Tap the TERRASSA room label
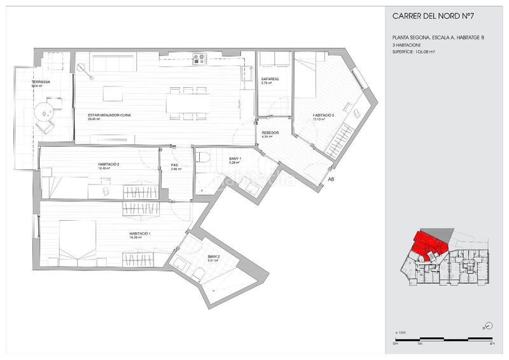click(x=42, y=83)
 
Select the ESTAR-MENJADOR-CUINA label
click(x=110, y=115)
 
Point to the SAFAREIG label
click(x=270, y=79)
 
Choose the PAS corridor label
click(x=174, y=166)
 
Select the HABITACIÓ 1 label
click(x=139, y=233)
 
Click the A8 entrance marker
click(x=330, y=179)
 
